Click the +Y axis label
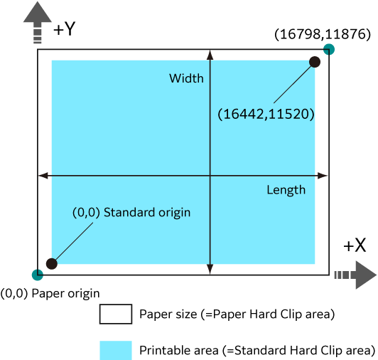[65, 29]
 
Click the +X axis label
[355, 245]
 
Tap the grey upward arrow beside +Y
[38, 23]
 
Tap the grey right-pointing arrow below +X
[355, 275]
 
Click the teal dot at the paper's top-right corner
[329, 50]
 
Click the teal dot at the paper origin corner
[38, 275]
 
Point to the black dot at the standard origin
[52, 264]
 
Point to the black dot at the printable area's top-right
[315, 62]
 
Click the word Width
[186, 78]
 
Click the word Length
[286, 190]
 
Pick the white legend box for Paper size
[116, 314]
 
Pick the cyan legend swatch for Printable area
[116, 350]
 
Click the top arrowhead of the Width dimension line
[210, 55]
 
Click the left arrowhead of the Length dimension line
[43, 176]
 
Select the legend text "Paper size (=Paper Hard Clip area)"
[237, 314]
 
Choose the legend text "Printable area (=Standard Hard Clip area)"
[257, 350]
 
